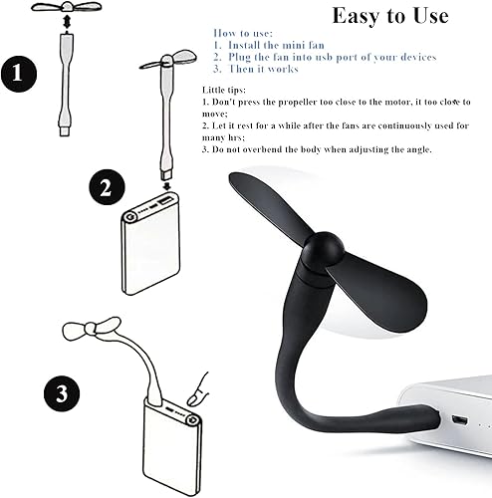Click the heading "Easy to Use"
[389, 16]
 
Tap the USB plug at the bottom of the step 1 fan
[65, 124]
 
